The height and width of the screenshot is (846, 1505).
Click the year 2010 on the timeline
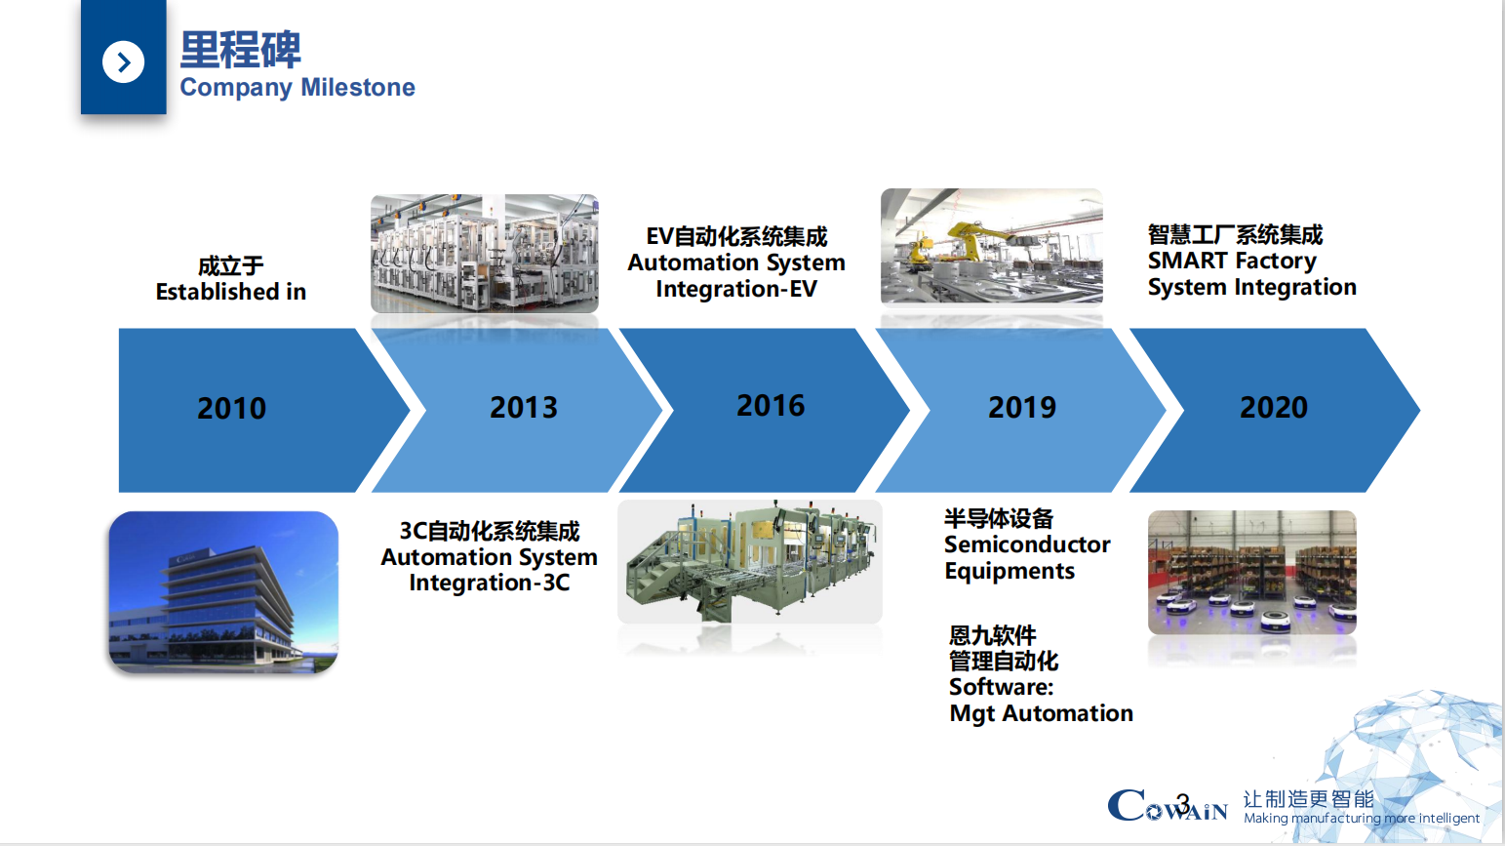coord(232,409)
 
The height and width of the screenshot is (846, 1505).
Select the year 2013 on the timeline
coord(524,407)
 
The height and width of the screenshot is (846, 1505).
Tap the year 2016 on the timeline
coord(771,405)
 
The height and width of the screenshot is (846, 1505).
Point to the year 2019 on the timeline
coord(1022,407)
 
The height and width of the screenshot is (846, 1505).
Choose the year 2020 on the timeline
coord(1274,407)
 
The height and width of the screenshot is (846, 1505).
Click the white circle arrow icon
coord(123,62)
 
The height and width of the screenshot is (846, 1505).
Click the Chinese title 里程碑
coord(241,50)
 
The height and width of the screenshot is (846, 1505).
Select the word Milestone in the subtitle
coord(357,88)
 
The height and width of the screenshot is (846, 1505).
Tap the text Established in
coord(231,292)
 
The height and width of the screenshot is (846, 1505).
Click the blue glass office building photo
coord(223,592)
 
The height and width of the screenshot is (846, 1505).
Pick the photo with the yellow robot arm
coord(992,246)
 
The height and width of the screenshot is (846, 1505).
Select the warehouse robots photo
coord(1252,573)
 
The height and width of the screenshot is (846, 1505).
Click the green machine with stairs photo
coord(750,562)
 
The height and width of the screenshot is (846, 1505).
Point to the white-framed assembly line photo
coord(485,254)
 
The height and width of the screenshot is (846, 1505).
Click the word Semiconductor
coord(1027,544)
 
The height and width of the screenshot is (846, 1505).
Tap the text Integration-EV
coord(736,289)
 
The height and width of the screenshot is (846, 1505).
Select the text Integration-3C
coord(489,583)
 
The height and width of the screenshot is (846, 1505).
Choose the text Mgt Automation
coord(1042,713)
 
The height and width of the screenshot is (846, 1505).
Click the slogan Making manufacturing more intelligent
coord(1362,819)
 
